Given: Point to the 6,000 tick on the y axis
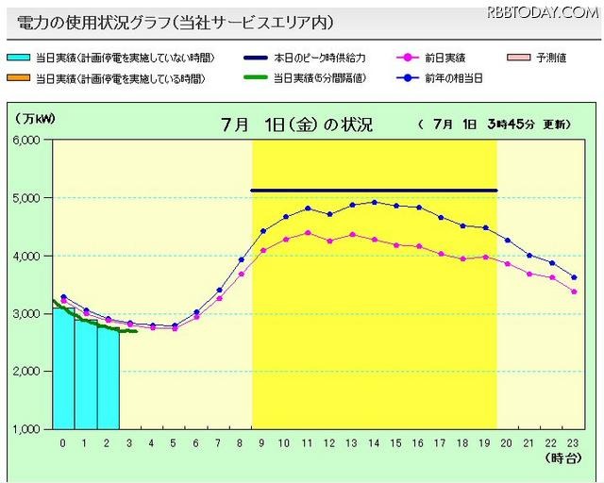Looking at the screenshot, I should click(25, 140).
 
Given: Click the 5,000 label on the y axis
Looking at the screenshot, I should click(25, 198).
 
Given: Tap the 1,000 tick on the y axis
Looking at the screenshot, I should click(25, 429).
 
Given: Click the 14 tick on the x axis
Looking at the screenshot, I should click(374, 442).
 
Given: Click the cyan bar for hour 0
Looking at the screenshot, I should click(63, 368).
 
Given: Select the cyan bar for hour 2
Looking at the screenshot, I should click(108, 377).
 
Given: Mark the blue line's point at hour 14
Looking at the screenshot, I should click(374, 202).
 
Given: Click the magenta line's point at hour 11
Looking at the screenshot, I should click(308, 232).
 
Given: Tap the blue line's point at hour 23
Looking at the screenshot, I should click(574, 277).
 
